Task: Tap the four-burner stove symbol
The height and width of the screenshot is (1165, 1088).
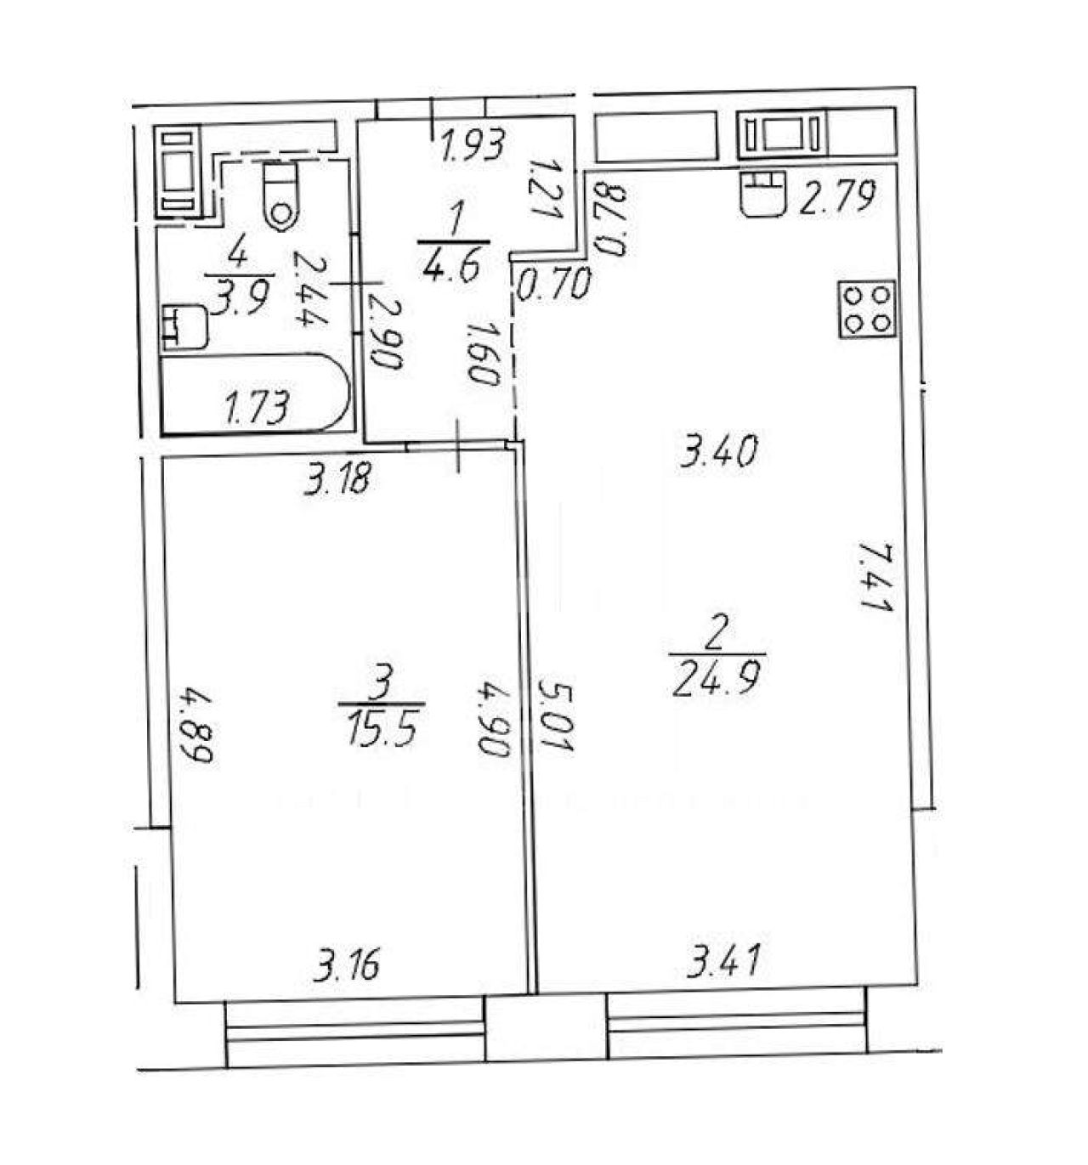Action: tap(867, 309)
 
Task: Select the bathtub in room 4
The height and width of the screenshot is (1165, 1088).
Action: tap(256, 393)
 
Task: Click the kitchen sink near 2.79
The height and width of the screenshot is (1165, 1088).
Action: tap(763, 194)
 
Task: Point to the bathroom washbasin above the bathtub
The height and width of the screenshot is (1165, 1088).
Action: tap(183, 327)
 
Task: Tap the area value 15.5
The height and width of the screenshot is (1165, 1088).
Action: tap(382, 727)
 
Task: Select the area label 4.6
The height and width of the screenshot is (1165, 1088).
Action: tap(450, 265)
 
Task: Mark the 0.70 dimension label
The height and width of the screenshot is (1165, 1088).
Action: tap(552, 283)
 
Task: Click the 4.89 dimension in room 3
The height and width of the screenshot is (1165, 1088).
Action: tap(195, 725)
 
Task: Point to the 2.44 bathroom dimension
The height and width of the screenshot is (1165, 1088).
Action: tap(310, 288)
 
